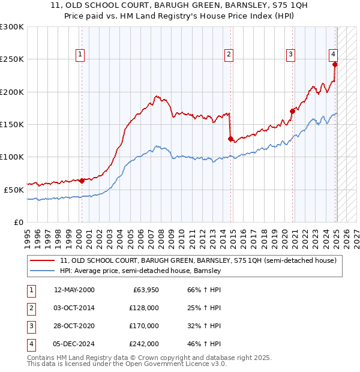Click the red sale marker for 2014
[230, 139]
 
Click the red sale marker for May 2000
[82, 180]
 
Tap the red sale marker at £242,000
[335, 64]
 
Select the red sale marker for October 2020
[292, 111]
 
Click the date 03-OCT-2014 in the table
[74, 308]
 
